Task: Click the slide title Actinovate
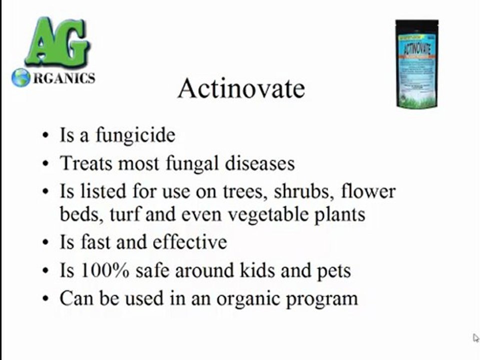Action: coord(241,88)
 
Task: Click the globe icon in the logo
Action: coord(21,77)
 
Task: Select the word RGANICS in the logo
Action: coord(63,78)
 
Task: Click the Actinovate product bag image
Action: coord(416,63)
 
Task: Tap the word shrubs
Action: coord(304,191)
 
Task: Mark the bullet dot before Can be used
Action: coord(46,299)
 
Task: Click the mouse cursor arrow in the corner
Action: coord(475,338)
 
